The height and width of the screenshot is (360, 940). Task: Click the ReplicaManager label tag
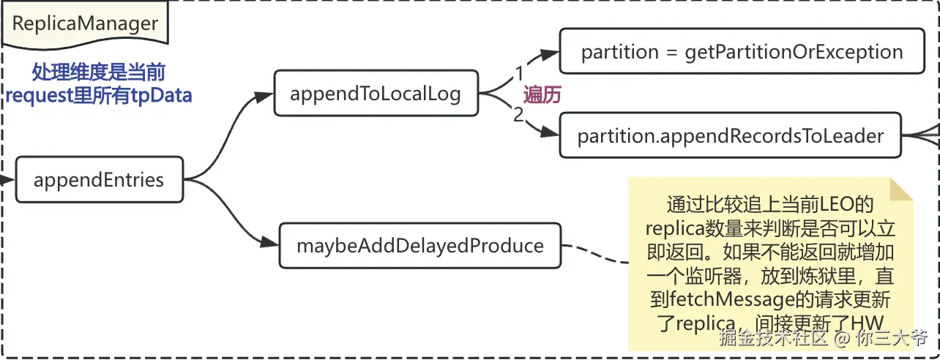[85, 24]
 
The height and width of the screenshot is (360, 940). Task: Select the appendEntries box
[99, 179]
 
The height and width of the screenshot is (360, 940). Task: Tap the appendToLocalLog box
[376, 93]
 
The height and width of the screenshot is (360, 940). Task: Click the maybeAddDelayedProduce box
[419, 245]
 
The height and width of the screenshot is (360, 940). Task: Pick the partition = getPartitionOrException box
[742, 51]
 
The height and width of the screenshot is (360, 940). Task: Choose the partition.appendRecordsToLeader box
[730, 135]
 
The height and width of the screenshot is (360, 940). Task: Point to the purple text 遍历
[542, 94]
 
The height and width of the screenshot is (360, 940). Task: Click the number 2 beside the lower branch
[518, 115]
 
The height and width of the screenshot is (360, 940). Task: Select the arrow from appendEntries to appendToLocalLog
[227, 132]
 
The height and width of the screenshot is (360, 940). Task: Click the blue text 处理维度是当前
[98, 72]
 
